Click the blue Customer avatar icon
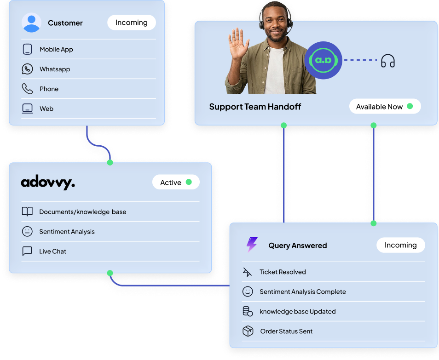click(x=31, y=23)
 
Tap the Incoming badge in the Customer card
click(x=132, y=23)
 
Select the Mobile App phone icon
click(x=27, y=49)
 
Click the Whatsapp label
click(x=55, y=69)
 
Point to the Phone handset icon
click(x=27, y=89)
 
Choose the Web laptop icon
click(x=27, y=109)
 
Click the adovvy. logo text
click(x=48, y=183)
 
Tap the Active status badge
click(x=176, y=183)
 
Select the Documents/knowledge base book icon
click(x=27, y=212)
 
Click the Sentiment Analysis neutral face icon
click(x=27, y=232)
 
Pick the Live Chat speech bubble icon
click(x=27, y=251)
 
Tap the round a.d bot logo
click(x=323, y=60)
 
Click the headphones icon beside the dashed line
click(x=388, y=61)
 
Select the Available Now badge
click(x=385, y=107)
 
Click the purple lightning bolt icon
click(x=252, y=245)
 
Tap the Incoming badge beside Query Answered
click(x=400, y=245)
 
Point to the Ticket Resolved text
click(x=283, y=272)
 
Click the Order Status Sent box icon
click(x=248, y=331)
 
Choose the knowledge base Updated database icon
click(x=248, y=311)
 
